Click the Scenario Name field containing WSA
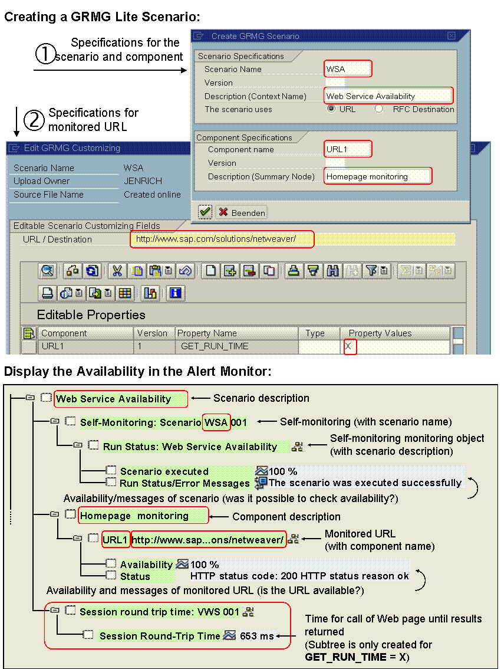348,69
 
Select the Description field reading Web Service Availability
388,96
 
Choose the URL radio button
332,109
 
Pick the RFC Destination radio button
379,109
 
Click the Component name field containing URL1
348,149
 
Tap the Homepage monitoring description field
377,176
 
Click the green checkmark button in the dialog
205,212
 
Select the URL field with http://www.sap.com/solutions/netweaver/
222,239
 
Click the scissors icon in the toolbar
117,271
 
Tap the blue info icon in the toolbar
176,293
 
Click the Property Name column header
207,333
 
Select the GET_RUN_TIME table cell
215,346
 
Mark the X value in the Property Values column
349,346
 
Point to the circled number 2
34,120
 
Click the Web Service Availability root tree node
114,399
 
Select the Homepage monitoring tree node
134,516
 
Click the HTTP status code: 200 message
299,576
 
